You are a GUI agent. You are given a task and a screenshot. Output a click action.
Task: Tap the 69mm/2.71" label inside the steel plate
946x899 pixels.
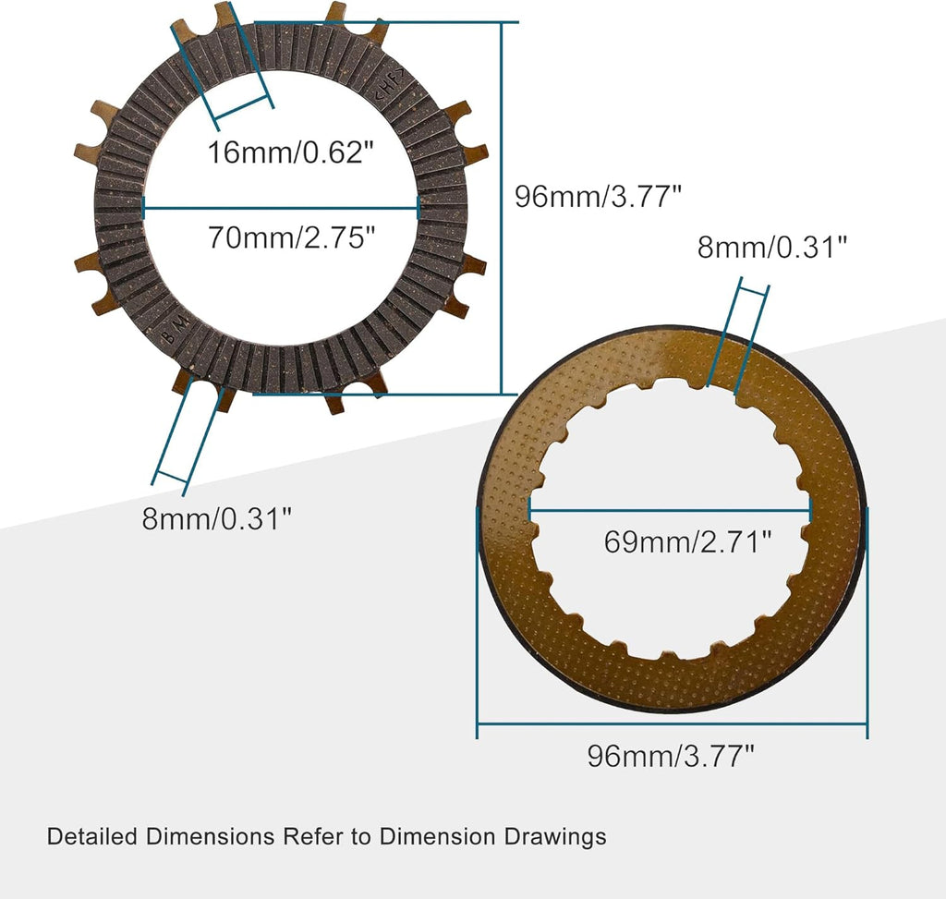pos(687,541)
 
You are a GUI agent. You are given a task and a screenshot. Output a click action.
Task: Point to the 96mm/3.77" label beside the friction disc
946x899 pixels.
pos(598,196)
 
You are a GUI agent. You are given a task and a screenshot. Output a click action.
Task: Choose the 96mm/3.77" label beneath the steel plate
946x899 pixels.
pos(671,756)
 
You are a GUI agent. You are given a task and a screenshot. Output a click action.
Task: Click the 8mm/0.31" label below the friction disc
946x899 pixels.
pos(217,518)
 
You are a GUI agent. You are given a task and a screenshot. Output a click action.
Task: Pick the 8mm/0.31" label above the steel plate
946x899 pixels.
pos(772,248)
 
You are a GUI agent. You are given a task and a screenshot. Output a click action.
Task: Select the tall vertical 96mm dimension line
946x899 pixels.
pos(502,208)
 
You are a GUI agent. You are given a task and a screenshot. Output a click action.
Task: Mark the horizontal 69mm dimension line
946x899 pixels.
pos(670,509)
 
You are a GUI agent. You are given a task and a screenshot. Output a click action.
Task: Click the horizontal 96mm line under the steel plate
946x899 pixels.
pos(672,724)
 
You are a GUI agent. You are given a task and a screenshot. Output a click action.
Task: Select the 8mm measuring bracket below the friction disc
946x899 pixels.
pos(170,478)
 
